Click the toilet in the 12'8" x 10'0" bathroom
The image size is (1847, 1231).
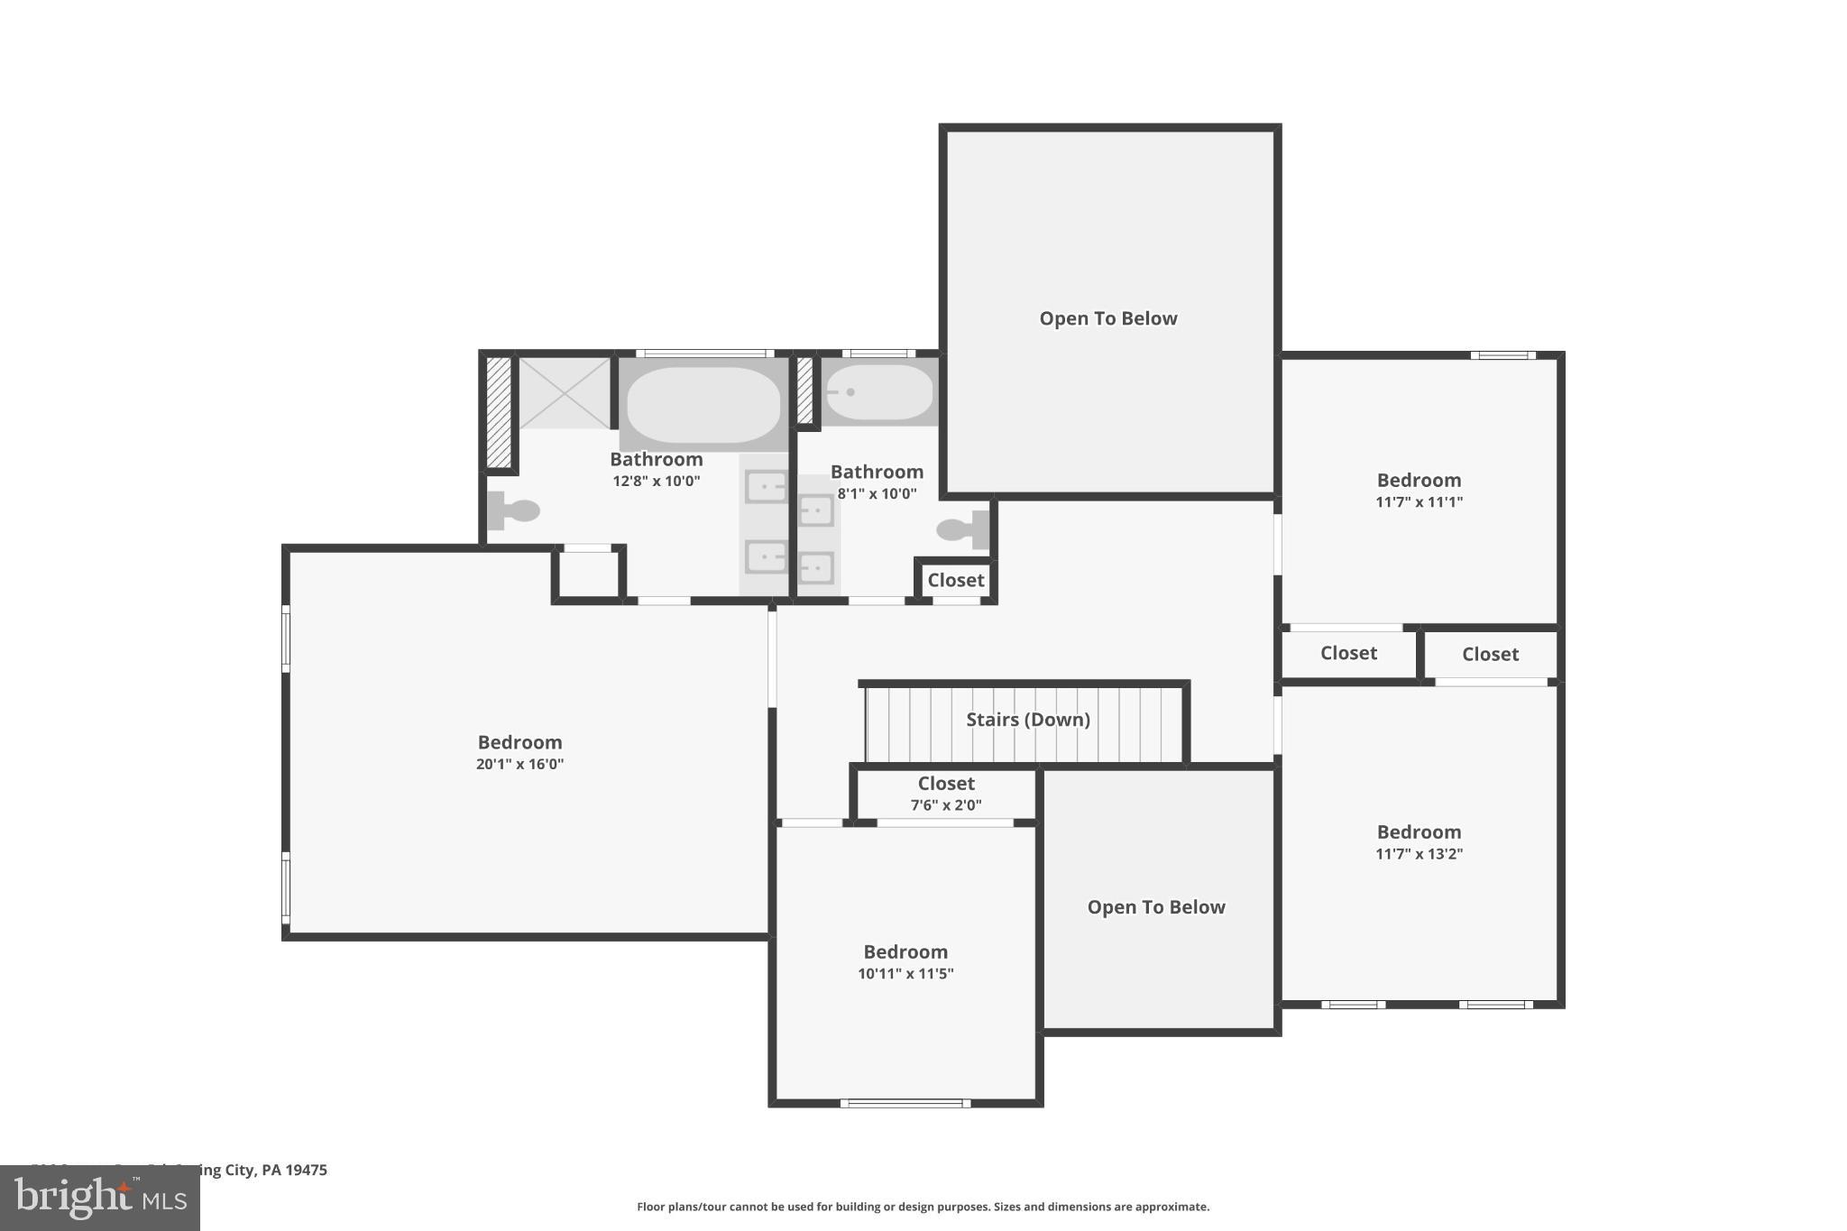pyautogui.click(x=513, y=510)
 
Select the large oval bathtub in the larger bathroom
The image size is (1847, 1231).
pyautogui.click(x=703, y=404)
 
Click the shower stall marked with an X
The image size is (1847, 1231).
pyautogui.click(x=565, y=392)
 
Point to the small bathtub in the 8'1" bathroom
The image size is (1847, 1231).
pyautogui.click(x=879, y=392)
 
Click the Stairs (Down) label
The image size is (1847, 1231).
pyautogui.click(x=1028, y=720)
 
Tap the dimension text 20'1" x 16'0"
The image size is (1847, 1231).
pyautogui.click(x=519, y=764)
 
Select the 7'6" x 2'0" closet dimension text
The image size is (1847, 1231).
pyautogui.click(x=946, y=805)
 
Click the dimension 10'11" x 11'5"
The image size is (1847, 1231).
pyautogui.click(x=905, y=973)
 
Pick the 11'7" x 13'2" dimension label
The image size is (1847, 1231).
pyautogui.click(x=1419, y=854)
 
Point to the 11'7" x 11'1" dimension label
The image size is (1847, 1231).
pyautogui.click(x=1419, y=502)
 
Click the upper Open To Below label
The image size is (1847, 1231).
pyautogui.click(x=1108, y=318)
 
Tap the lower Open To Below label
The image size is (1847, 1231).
pyautogui.click(x=1156, y=907)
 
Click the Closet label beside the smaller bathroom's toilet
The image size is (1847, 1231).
pyautogui.click(x=955, y=580)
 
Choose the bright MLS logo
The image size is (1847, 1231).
pyautogui.click(x=100, y=1198)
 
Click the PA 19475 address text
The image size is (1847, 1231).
pyautogui.click(x=294, y=1170)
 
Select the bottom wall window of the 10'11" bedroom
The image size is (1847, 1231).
pyautogui.click(x=905, y=1103)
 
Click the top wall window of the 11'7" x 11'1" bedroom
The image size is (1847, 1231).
pyautogui.click(x=1502, y=355)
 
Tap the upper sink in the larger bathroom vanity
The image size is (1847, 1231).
pyautogui.click(x=766, y=487)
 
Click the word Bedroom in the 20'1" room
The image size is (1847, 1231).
pyautogui.click(x=519, y=742)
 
